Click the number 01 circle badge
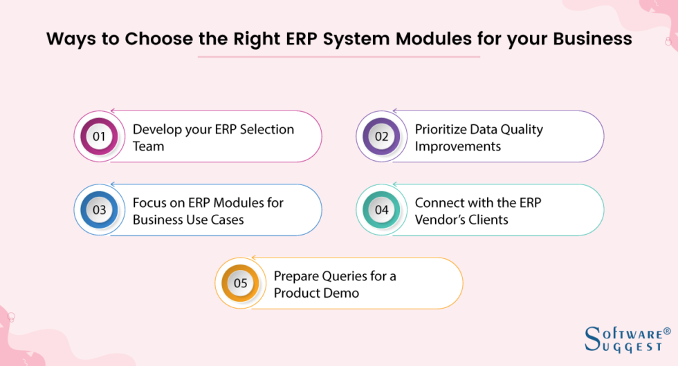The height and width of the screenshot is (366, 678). [x=99, y=136]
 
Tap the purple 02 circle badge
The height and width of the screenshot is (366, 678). [x=381, y=136]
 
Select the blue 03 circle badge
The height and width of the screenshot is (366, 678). [x=99, y=210]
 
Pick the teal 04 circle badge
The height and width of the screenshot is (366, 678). [x=381, y=210]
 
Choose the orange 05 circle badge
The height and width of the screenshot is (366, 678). [x=240, y=283]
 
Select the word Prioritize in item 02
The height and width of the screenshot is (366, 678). [x=443, y=129]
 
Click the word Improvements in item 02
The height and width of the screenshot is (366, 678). [x=457, y=146]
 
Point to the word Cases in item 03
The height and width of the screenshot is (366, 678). [x=227, y=220]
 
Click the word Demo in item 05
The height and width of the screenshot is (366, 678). [x=343, y=293]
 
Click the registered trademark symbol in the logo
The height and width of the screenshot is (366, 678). [x=667, y=331]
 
